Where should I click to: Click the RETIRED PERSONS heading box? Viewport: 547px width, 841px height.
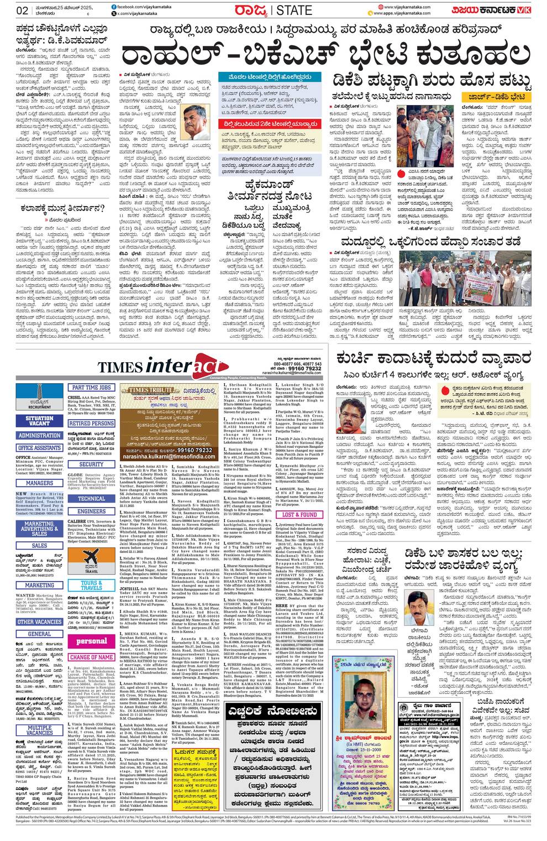(92, 424)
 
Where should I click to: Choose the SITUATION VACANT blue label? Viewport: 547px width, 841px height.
(39, 421)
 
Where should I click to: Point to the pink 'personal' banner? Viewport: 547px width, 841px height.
(92, 641)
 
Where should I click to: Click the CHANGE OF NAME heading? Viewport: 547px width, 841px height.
(92, 657)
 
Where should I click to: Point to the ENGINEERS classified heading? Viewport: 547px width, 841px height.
(92, 511)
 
